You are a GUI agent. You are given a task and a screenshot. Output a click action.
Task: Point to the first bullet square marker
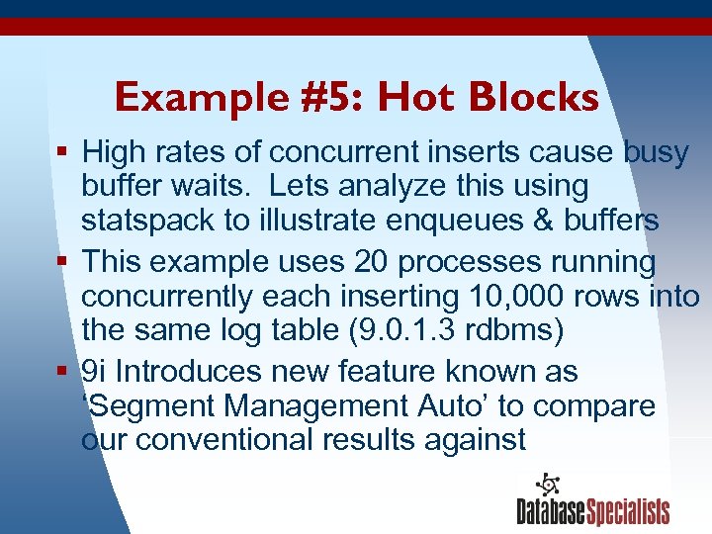click(63, 152)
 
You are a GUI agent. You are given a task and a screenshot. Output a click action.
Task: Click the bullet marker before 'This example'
click(63, 262)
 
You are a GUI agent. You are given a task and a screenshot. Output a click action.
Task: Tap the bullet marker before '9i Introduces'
click(63, 372)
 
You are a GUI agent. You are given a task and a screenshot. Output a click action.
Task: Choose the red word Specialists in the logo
click(628, 511)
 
